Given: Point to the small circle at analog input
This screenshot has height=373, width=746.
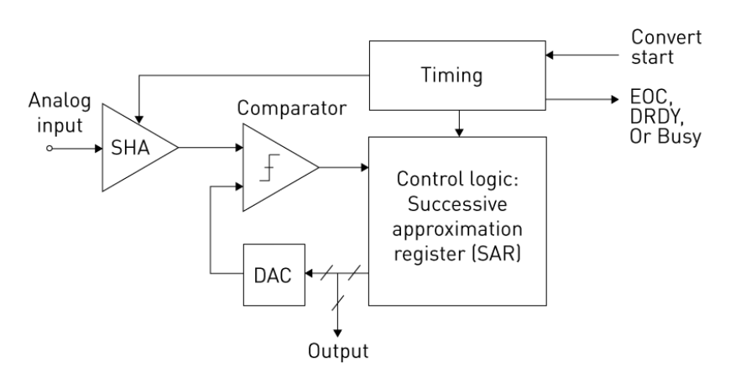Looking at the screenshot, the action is pos(50,149).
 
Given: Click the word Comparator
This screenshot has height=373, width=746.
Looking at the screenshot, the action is pos(292,108).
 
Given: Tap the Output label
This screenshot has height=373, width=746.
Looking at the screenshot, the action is pos(338,351).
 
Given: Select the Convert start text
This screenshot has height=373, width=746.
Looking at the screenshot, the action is pos(666,47).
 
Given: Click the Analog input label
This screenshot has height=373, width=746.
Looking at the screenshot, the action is pos(60,113).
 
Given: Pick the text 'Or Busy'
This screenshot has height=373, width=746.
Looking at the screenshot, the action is pos(665,136).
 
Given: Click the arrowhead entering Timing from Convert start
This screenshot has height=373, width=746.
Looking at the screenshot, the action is pos(550,55).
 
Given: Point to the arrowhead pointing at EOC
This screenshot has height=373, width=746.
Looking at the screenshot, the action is pos(615,100).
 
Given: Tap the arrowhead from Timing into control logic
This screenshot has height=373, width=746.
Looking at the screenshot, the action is pos(459,133).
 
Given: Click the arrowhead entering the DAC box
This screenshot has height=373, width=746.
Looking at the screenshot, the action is pos(309,273).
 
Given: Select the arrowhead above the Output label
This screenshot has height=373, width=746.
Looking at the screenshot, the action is pos(338,333).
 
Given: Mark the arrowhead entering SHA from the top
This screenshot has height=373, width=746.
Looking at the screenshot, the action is pos(139,119).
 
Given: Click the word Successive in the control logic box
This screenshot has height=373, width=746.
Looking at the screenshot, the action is pos(457,204).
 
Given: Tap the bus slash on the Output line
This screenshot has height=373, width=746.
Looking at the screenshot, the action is pos(338,303).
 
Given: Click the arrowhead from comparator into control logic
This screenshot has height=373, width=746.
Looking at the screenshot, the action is pos(365,167).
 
